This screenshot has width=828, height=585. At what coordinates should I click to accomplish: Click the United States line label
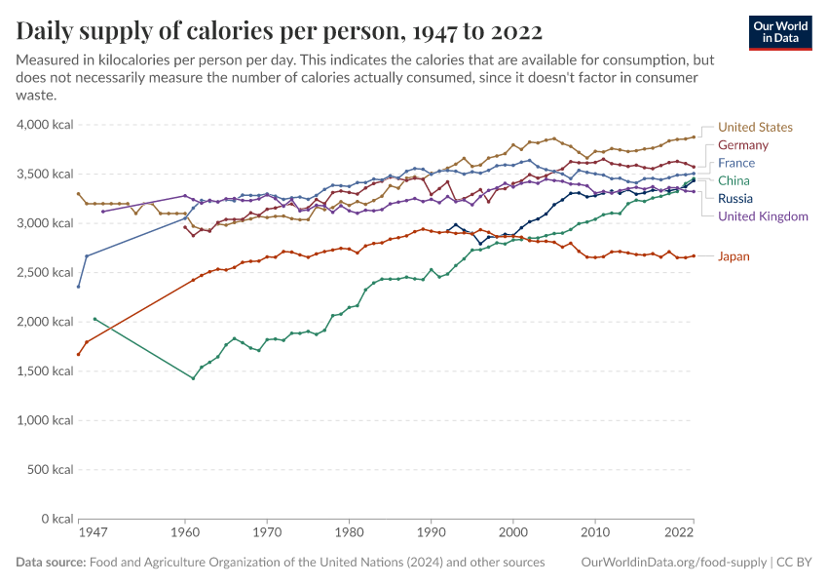pyautogui.click(x=755, y=128)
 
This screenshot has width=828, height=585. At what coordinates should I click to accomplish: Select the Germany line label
pyautogui.click(x=743, y=145)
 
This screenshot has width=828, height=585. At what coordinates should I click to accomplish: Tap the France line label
pyautogui.click(x=736, y=164)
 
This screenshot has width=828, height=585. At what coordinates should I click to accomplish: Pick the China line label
pyautogui.click(x=734, y=181)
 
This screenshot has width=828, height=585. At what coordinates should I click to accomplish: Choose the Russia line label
pyautogui.click(x=735, y=199)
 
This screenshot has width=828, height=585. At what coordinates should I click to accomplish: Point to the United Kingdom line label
pyautogui.click(x=763, y=216)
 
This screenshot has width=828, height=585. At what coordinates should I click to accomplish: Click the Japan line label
pyautogui.click(x=734, y=256)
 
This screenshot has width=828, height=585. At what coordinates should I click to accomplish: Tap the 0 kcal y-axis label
pyautogui.click(x=53, y=519)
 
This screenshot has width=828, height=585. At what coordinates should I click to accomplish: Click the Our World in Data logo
pyautogui.click(x=780, y=32)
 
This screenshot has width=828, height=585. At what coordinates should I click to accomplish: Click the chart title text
pyautogui.click(x=279, y=30)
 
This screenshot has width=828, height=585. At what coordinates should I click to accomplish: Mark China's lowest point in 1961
pyautogui.click(x=194, y=378)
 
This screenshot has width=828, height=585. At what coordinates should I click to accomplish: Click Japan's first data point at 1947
pyautogui.click(x=79, y=354)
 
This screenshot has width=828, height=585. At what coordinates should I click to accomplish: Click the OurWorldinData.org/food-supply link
pyautogui.click(x=672, y=563)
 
